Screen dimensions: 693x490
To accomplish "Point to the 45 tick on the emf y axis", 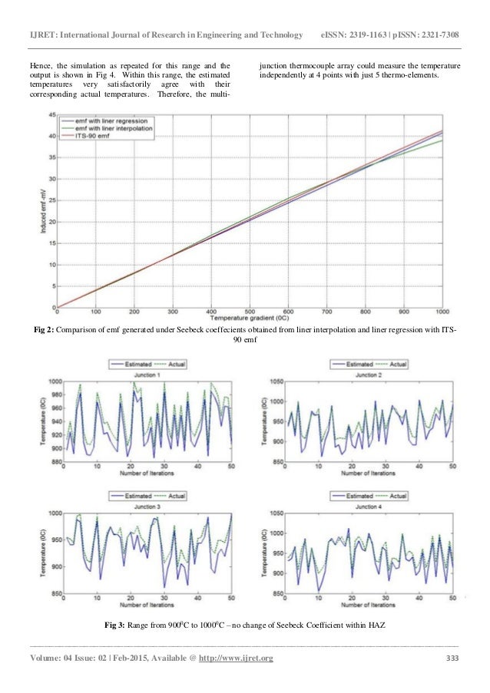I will (x=51, y=114).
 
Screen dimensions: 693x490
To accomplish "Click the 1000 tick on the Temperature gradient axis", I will (x=442, y=312).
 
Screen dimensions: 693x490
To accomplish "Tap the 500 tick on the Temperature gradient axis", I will (x=250, y=312).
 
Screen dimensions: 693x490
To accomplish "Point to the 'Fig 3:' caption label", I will (x=117, y=627).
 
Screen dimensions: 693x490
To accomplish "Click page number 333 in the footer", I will (x=453, y=658).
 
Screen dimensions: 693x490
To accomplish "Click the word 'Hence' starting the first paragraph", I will (x=39, y=67).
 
